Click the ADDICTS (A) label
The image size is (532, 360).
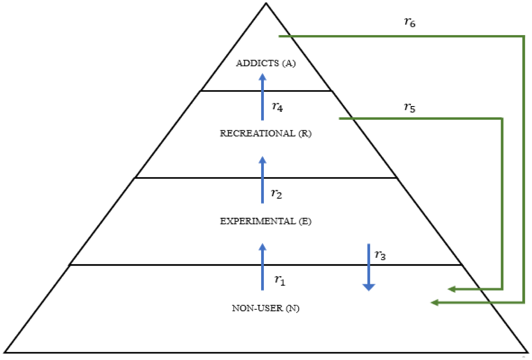[x=265, y=63]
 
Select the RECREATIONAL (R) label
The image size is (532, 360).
[x=265, y=133]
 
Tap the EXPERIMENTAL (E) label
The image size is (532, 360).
[x=265, y=221]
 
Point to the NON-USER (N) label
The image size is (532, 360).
[x=265, y=308]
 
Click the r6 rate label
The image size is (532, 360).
[x=409, y=23]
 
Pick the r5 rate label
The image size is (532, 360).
[x=409, y=108]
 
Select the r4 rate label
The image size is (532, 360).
[x=277, y=106]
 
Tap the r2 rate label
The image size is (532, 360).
[x=276, y=193]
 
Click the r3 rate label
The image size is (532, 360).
[x=380, y=255]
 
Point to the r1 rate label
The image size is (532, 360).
[x=279, y=280]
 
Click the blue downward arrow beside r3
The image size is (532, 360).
[x=368, y=268]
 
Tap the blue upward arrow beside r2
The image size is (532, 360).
[x=262, y=180]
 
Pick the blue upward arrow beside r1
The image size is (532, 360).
[x=262, y=267]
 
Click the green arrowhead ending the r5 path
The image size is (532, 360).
[x=452, y=289]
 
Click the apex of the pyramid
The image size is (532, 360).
[x=266, y=4]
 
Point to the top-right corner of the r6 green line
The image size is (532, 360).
[x=524, y=36]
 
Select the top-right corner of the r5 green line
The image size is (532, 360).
[x=502, y=118]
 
